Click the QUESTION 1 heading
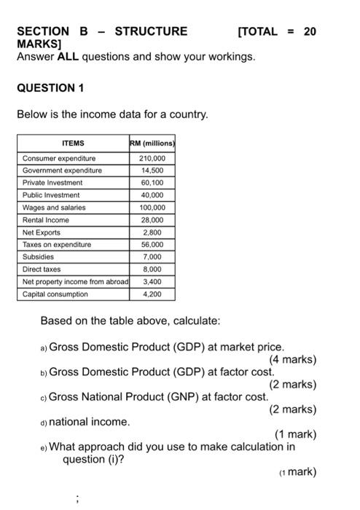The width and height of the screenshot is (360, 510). click(50, 87)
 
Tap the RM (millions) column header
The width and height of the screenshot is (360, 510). click(152, 144)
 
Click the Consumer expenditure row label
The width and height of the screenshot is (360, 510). click(58, 158)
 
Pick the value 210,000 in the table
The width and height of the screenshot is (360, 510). click(152, 158)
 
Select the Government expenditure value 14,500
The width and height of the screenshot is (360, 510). click(152, 170)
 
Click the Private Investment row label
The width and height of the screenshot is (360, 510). click(52, 183)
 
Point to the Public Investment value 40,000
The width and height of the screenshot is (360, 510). click(152, 195)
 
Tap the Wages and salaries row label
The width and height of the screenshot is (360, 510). click(54, 208)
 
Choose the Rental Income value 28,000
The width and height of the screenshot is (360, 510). click(152, 220)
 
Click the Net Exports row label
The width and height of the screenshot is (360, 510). click(42, 232)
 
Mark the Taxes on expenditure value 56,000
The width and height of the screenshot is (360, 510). click(152, 245)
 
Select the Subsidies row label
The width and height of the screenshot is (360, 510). click(39, 257)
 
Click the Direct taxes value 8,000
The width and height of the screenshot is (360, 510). click(152, 270)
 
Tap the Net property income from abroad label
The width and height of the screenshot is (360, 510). click(74, 282)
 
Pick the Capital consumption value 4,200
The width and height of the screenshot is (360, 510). click(152, 294)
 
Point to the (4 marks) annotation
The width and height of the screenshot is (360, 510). click(292, 359)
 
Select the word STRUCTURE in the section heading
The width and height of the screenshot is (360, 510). click(151, 31)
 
